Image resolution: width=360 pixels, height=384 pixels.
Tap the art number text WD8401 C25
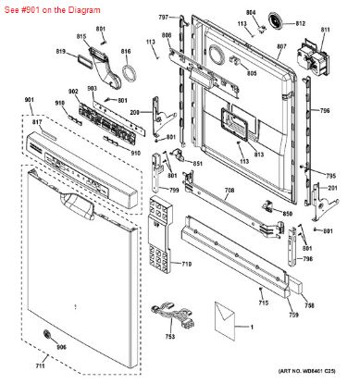point(319,375)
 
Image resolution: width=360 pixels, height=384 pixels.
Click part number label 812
point(300,24)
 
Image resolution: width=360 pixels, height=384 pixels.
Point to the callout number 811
point(324,30)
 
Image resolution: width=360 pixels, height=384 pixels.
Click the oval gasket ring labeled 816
point(129,73)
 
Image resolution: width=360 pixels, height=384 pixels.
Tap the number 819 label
point(60,52)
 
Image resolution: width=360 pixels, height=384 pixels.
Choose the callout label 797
point(163,18)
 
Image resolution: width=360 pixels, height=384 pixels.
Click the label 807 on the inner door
point(281,46)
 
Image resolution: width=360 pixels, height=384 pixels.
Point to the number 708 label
point(229,192)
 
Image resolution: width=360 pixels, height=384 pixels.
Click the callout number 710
point(186,265)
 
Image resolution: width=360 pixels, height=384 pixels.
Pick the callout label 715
point(263,303)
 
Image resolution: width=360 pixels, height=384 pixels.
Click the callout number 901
point(29,99)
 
